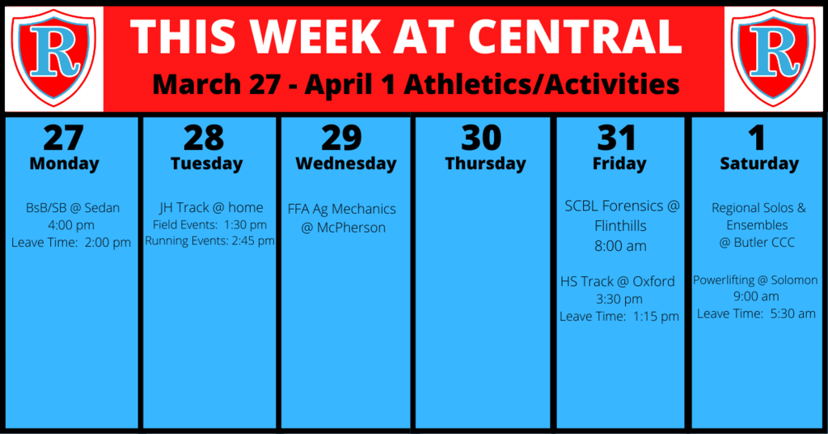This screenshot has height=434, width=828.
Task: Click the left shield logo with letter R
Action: (54, 57)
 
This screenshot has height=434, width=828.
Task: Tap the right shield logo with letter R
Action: (774, 57)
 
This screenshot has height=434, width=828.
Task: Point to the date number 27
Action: (63, 138)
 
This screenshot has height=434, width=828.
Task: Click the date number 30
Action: (481, 138)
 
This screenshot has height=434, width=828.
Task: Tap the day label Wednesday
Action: (346, 164)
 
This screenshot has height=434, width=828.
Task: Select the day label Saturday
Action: (759, 164)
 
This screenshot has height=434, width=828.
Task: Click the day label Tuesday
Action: (206, 164)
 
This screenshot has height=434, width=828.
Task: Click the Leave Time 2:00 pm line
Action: (71, 243)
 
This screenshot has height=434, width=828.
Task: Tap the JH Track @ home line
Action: (211, 207)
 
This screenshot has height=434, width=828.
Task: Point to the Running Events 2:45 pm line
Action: (209, 240)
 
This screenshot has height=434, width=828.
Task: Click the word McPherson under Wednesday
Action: (351, 228)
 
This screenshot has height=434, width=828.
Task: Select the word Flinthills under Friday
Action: (620, 226)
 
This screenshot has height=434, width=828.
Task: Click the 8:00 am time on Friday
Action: (620, 246)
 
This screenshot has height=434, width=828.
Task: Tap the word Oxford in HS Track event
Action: (653, 281)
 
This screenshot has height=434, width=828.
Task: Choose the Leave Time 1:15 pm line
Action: (619, 317)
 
